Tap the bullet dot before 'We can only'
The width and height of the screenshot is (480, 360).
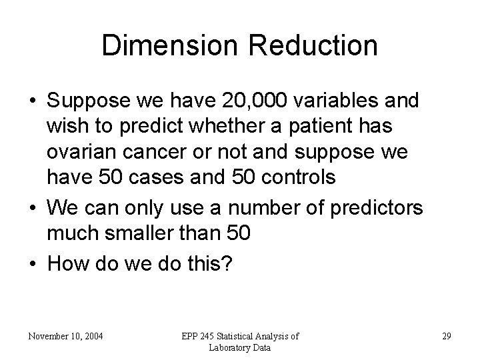click(x=32, y=209)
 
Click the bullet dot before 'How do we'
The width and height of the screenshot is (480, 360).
click(x=32, y=263)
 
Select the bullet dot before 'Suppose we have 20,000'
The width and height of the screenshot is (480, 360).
click(x=32, y=101)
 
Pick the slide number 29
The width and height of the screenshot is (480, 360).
click(x=446, y=336)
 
